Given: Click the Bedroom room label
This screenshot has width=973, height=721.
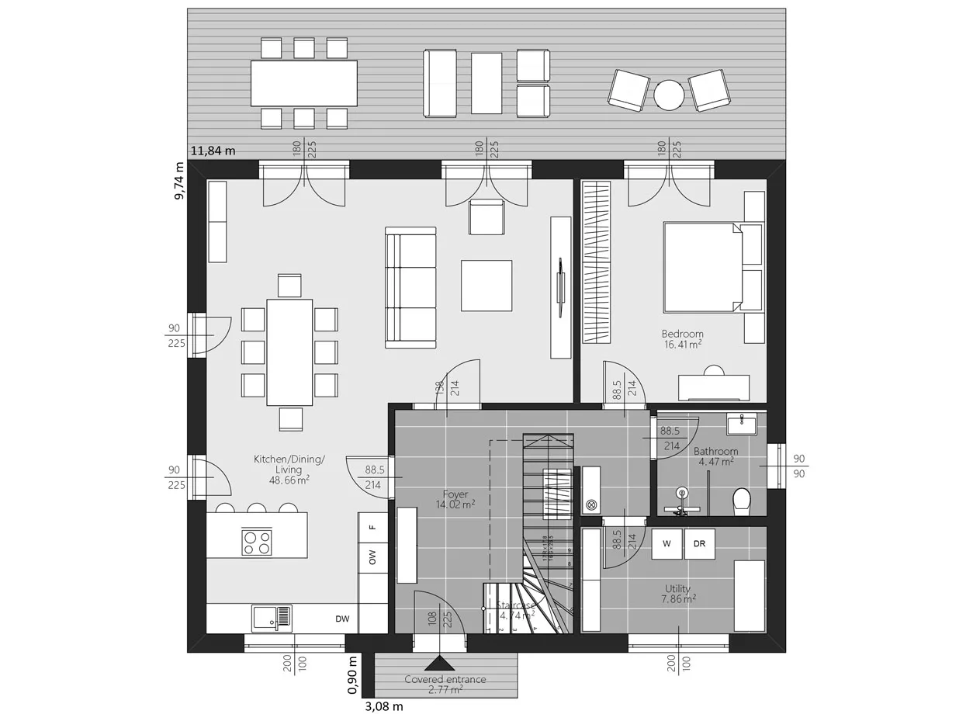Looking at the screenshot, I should pyautogui.click(x=682, y=335).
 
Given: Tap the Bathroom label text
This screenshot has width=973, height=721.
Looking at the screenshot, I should pyautogui.click(x=715, y=451).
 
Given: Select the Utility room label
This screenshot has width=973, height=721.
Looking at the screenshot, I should pyautogui.click(x=677, y=589).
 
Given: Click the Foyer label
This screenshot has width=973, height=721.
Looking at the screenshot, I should pyautogui.click(x=455, y=494).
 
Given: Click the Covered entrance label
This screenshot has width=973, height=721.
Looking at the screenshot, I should pyautogui.click(x=445, y=679).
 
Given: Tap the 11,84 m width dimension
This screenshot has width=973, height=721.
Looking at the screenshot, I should pyautogui.click(x=213, y=151).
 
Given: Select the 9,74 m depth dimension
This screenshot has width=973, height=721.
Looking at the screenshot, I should pyautogui.click(x=179, y=181).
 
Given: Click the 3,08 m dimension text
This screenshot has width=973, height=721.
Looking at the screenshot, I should pyautogui.click(x=384, y=707).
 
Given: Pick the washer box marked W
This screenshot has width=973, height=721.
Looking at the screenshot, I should pyautogui.click(x=667, y=544).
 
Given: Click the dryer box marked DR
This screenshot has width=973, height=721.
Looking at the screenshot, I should pyautogui.click(x=699, y=544).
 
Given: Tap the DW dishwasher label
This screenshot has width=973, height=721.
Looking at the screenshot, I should pyautogui.click(x=342, y=619).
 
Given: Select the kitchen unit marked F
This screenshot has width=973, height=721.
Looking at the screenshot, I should pyautogui.click(x=372, y=527).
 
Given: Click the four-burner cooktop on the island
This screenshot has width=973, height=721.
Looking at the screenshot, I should pyautogui.click(x=257, y=542).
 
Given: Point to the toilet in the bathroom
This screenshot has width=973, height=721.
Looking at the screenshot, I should pyautogui.click(x=742, y=501).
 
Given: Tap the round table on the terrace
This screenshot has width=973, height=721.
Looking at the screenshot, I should pyautogui.click(x=669, y=95).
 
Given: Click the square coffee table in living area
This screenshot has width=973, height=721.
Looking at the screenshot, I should pyautogui.click(x=486, y=286).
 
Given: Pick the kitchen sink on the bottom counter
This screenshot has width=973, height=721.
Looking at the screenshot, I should pyautogui.click(x=272, y=619).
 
